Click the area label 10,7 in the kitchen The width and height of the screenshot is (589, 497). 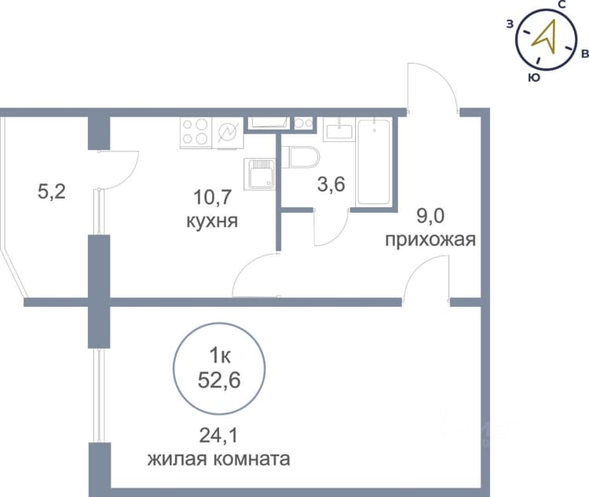(x=212, y=197)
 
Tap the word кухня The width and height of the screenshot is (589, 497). (x=212, y=221)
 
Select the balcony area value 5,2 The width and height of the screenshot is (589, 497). (x=52, y=192)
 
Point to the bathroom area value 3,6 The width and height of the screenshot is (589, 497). (x=331, y=185)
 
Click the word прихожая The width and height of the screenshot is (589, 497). (x=430, y=239)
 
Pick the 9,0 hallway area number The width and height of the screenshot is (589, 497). (x=430, y=216)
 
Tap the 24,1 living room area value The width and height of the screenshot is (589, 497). (x=218, y=436)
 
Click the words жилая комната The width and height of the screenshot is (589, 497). (x=218, y=459)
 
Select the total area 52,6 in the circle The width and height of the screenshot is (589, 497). (x=219, y=381)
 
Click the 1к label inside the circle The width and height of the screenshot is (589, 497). (x=219, y=356)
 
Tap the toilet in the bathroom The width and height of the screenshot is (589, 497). (x=303, y=157)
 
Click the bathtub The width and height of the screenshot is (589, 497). (x=374, y=163)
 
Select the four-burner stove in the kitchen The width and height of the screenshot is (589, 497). (x=196, y=133)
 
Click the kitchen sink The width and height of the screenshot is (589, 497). (x=259, y=174)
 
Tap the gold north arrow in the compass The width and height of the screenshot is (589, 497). (x=546, y=37)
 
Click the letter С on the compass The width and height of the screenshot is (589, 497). (x=562, y=5)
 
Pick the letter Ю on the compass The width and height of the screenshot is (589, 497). (x=534, y=78)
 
